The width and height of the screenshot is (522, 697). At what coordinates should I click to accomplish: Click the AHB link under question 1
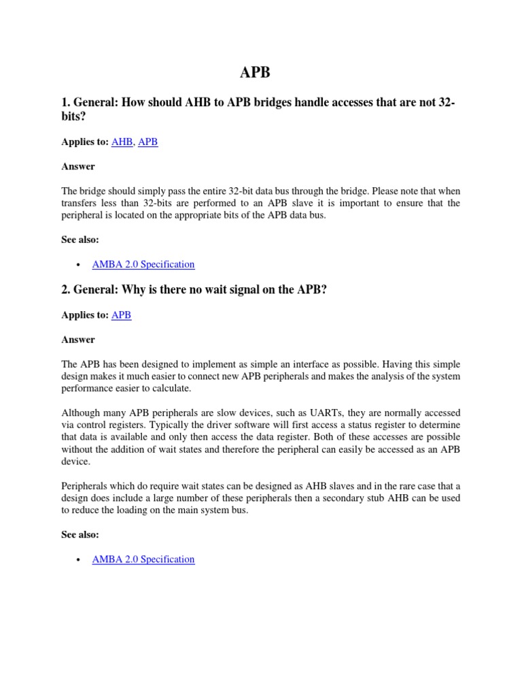pyautogui.click(x=122, y=142)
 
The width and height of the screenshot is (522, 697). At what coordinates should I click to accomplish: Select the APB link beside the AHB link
pyautogui.click(x=147, y=142)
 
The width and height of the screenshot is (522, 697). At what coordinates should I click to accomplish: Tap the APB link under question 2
pyautogui.click(x=121, y=315)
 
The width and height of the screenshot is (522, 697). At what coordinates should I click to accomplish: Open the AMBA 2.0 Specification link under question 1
pyautogui.click(x=143, y=264)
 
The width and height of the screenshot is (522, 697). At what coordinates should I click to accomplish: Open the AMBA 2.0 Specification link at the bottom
pyautogui.click(x=143, y=559)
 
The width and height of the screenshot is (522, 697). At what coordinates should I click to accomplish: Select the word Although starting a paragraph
pyautogui.click(x=83, y=413)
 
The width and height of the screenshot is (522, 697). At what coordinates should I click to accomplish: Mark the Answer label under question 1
pyautogui.click(x=78, y=166)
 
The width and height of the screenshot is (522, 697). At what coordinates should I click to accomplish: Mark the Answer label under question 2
pyautogui.click(x=78, y=339)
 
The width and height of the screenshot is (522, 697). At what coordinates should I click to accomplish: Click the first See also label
pyautogui.click(x=80, y=240)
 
